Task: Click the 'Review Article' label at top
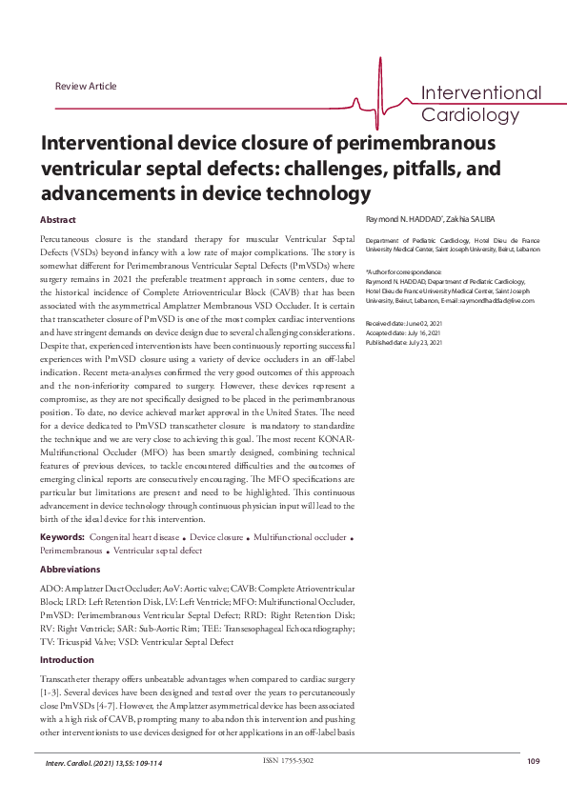pos(86,87)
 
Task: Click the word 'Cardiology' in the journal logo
pos(467,114)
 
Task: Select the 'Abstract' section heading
pos(58,220)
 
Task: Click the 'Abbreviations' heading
pos(70,569)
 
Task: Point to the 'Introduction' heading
pos(67,659)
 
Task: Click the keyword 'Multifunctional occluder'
pos(300,538)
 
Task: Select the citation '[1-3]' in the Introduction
pos(49,686)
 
